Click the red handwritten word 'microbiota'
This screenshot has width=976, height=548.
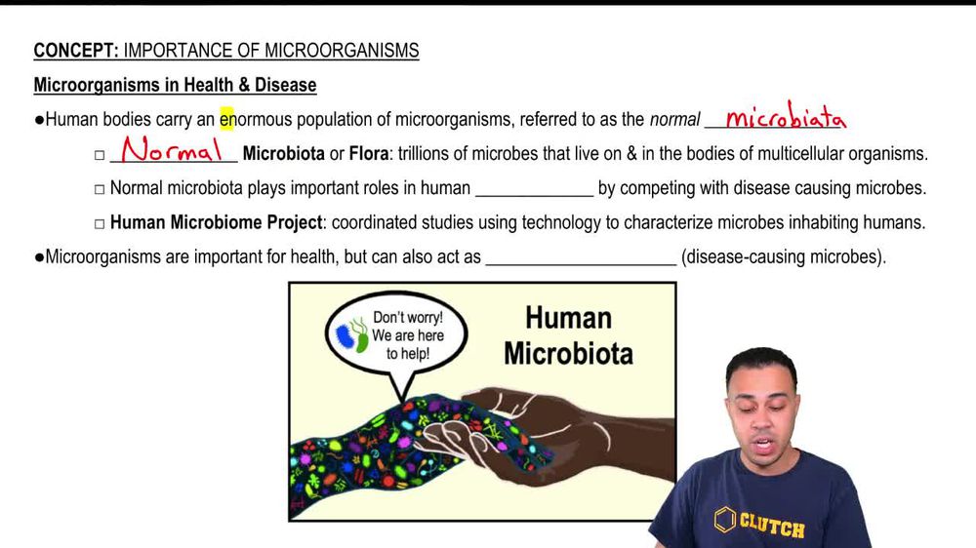[x=786, y=119]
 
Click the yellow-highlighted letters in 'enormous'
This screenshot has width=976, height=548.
[x=227, y=120]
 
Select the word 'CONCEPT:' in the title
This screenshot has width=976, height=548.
[x=76, y=51]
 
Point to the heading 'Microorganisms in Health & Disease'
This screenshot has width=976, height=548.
[x=175, y=85]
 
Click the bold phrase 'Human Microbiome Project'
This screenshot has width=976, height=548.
[x=216, y=222]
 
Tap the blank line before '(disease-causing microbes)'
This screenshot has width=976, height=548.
[x=581, y=259]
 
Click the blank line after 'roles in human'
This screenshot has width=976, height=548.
[x=534, y=189]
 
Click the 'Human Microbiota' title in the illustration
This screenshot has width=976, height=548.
[x=568, y=334]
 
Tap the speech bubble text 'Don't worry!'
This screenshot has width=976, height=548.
[x=408, y=318]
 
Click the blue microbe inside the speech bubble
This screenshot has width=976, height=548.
[x=345, y=336]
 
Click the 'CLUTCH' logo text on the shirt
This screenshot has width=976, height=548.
[x=771, y=527]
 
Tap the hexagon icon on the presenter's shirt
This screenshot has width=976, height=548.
[x=723, y=521]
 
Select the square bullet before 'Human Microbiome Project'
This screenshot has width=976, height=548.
[x=99, y=223]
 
